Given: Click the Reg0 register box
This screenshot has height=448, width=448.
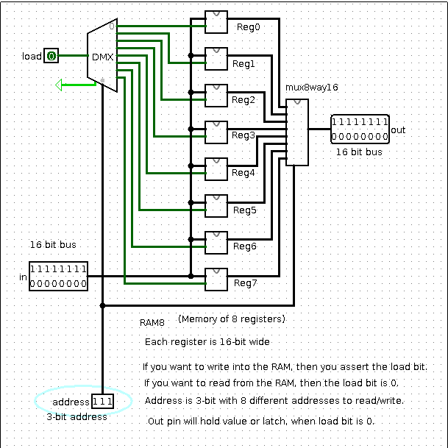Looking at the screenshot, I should point(216,23).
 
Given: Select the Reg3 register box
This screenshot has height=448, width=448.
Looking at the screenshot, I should point(216,132).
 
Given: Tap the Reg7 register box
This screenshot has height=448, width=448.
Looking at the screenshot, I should point(216,280).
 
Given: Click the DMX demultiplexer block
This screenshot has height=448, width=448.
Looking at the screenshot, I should point(102,56).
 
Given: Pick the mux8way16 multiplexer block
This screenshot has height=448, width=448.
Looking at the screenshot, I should point(298,132).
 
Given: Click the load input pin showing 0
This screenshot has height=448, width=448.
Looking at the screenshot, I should point(51,56).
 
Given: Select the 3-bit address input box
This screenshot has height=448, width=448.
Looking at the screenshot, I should point(102,401).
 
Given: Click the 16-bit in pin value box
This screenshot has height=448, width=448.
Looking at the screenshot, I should point(58,276).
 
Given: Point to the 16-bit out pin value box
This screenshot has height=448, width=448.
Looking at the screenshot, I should point(360,129).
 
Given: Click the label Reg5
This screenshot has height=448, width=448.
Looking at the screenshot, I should point(245,210).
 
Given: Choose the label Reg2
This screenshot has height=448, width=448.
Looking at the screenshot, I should point(243,100).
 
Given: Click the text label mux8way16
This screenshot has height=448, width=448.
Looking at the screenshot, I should point(311,88).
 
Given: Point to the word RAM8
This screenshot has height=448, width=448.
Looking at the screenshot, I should point(155,322).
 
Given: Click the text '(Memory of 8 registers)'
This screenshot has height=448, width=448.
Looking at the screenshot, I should point(231,319).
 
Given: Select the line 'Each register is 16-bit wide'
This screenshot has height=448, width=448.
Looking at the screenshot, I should point(207,342).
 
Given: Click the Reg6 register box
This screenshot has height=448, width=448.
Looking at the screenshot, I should point(216,243).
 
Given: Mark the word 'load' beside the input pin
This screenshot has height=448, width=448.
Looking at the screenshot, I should point(32,57).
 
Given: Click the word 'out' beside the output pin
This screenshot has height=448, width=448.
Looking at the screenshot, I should point(398,130).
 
